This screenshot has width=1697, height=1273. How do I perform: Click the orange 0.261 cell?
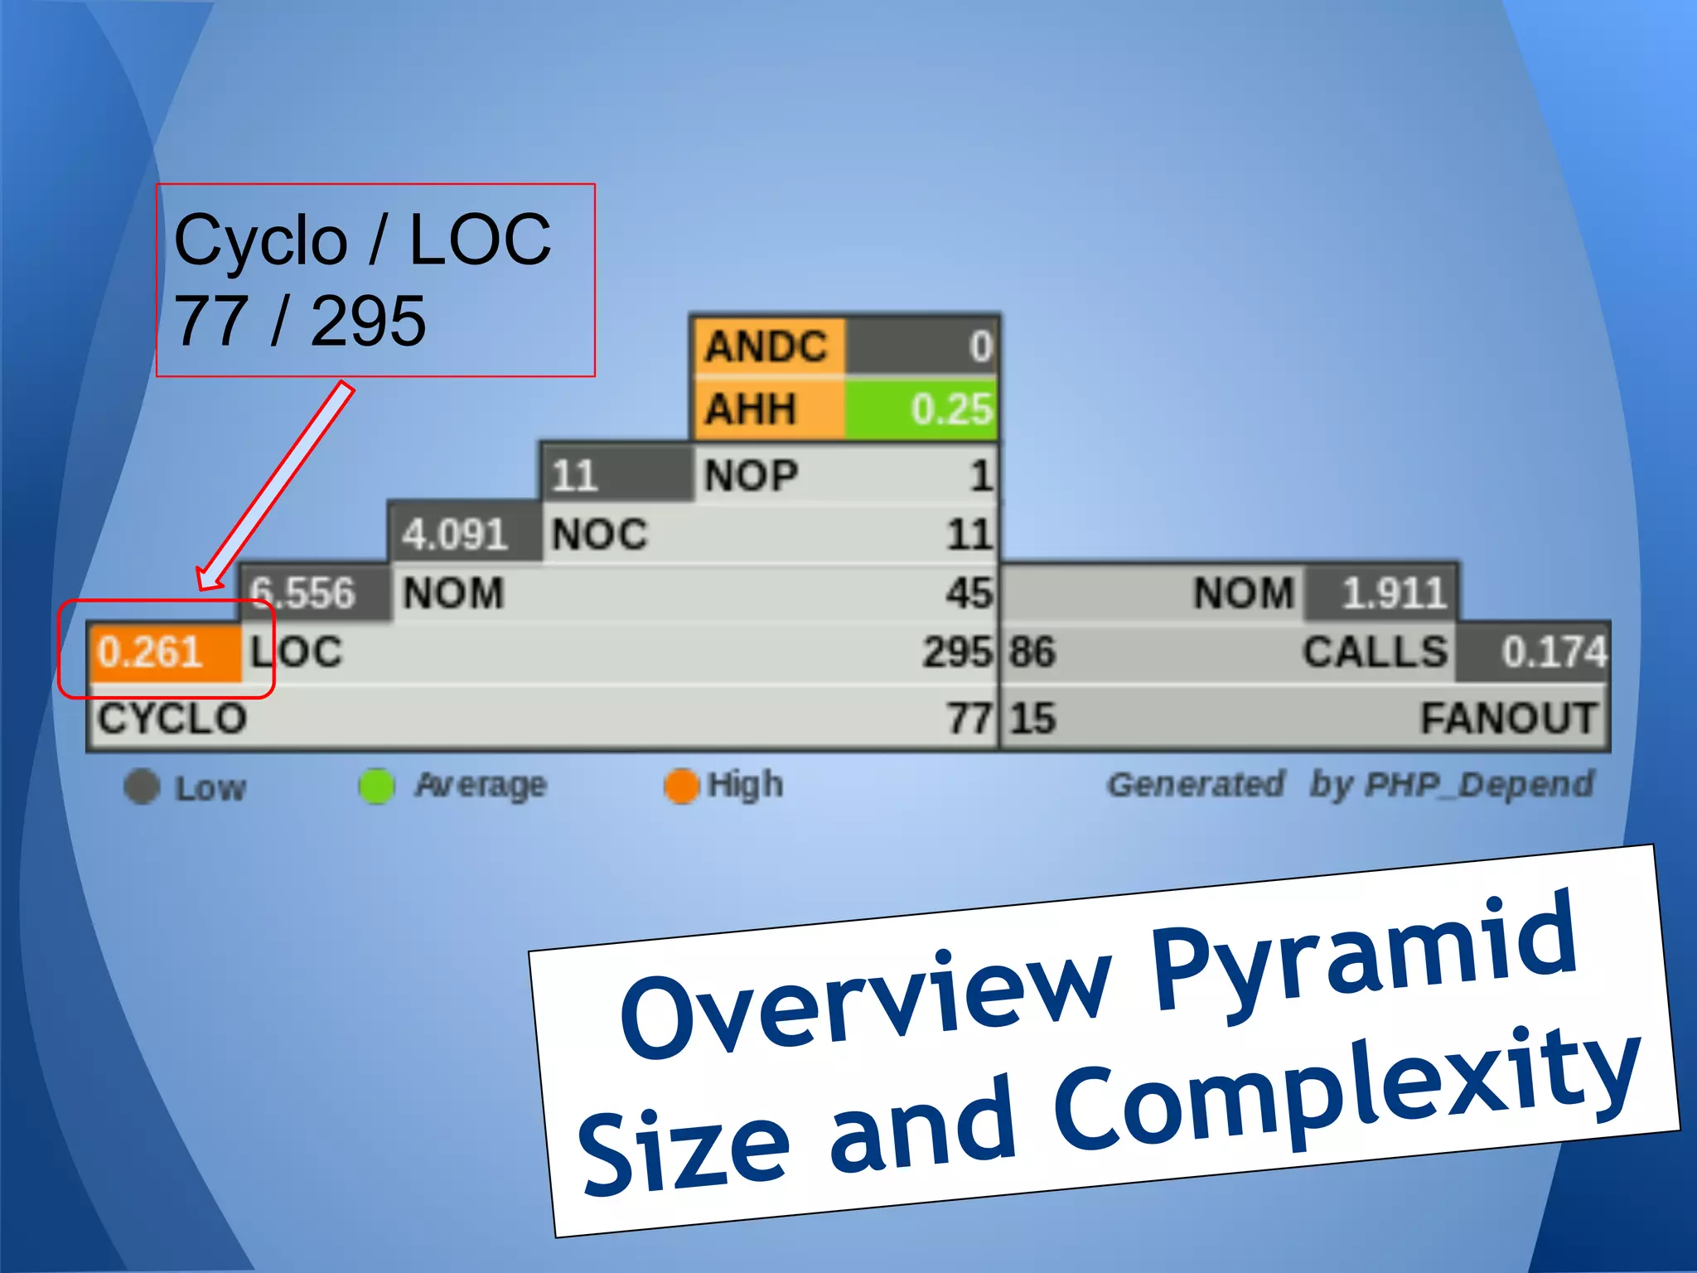[x=164, y=652]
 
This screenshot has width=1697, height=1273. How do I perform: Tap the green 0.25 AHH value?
[x=921, y=409]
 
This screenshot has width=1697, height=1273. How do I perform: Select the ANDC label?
[x=766, y=346]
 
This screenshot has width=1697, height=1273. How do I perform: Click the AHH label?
[x=751, y=409]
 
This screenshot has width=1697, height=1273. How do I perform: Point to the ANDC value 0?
[x=980, y=346]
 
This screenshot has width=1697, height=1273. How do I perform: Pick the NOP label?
[x=751, y=476]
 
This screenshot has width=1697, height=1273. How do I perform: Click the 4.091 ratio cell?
[x=455, y=535]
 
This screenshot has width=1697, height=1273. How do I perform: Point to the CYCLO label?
[x=172, y=719]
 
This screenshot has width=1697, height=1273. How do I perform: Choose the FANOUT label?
[x=1508, y=719]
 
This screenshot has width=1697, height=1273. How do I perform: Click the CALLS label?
[x=1375, y=652]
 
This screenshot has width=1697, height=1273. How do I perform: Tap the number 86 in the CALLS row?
[x=1032, y=652]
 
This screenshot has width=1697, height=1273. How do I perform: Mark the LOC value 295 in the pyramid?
[x=957, y=652]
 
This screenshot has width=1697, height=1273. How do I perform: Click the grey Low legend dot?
[x=142, y=787]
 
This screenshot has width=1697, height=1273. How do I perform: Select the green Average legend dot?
[x=376, y=787]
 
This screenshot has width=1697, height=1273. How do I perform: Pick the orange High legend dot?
[x=681, y=787]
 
